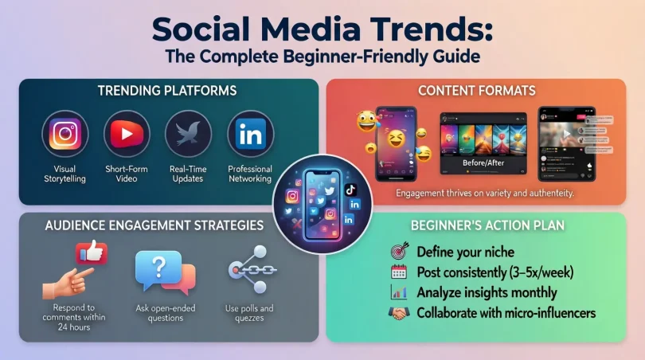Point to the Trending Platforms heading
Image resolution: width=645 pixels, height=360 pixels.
point(167,91)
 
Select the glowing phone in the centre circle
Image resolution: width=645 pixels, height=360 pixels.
point(323,202)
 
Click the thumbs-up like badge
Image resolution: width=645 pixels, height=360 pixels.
point(92,254)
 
